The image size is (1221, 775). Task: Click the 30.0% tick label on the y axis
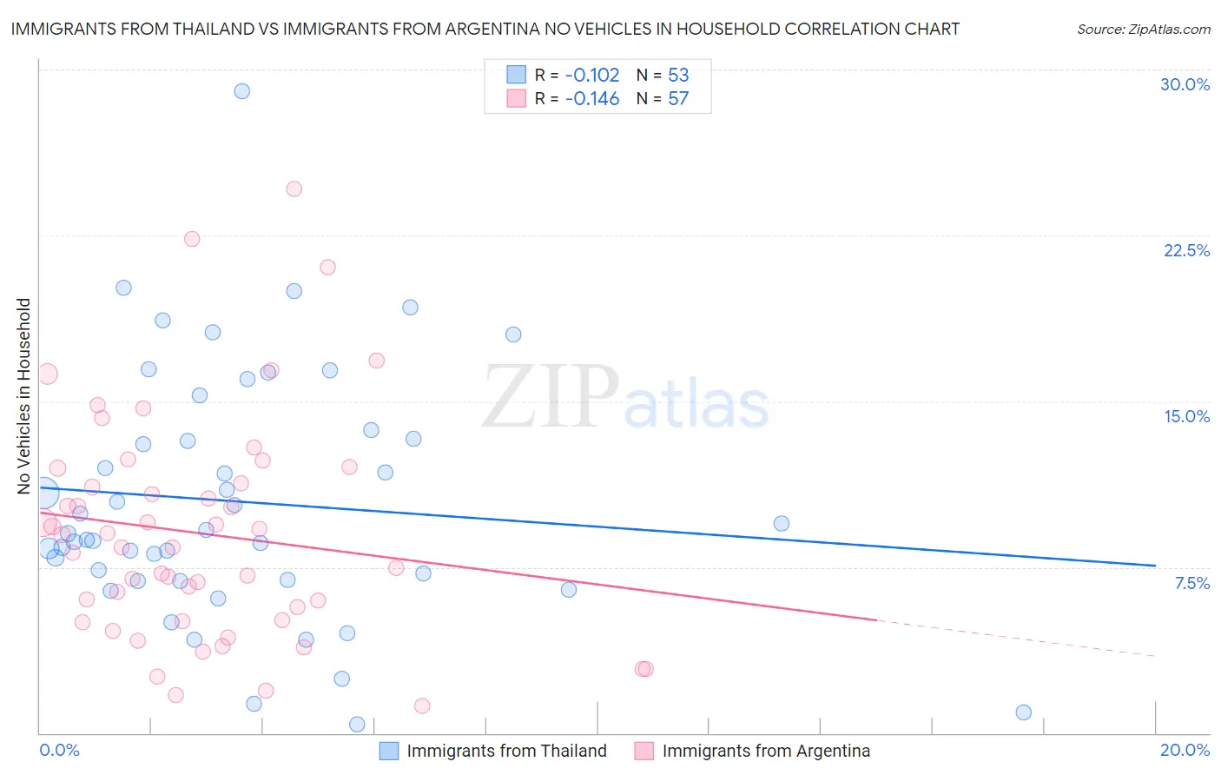click(1185, 84)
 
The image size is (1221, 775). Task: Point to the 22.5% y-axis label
click(1186, 250)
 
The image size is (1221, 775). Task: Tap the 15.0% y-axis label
click(1186, 416)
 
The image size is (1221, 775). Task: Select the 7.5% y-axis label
click(1191, 583)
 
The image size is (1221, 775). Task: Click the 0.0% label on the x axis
click(59, 750)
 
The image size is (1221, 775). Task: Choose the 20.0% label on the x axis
click(1185, 750)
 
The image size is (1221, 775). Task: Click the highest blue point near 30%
click(242, 91)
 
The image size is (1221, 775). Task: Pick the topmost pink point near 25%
click(294, 189)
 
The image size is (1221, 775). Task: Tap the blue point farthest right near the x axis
click(1024, 712)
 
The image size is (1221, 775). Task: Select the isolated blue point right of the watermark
click(782, 523)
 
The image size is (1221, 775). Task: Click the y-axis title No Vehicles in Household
click(23, 396)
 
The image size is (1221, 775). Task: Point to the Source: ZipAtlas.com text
click(1143, 29)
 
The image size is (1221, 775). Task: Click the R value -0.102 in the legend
click(592, 75)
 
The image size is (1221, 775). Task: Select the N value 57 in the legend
click(678, 99)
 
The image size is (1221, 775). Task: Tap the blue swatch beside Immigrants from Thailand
click(389, 751)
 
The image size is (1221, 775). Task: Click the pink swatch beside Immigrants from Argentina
click(643, 751)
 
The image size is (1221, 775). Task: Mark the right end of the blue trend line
click(1155, 566)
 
